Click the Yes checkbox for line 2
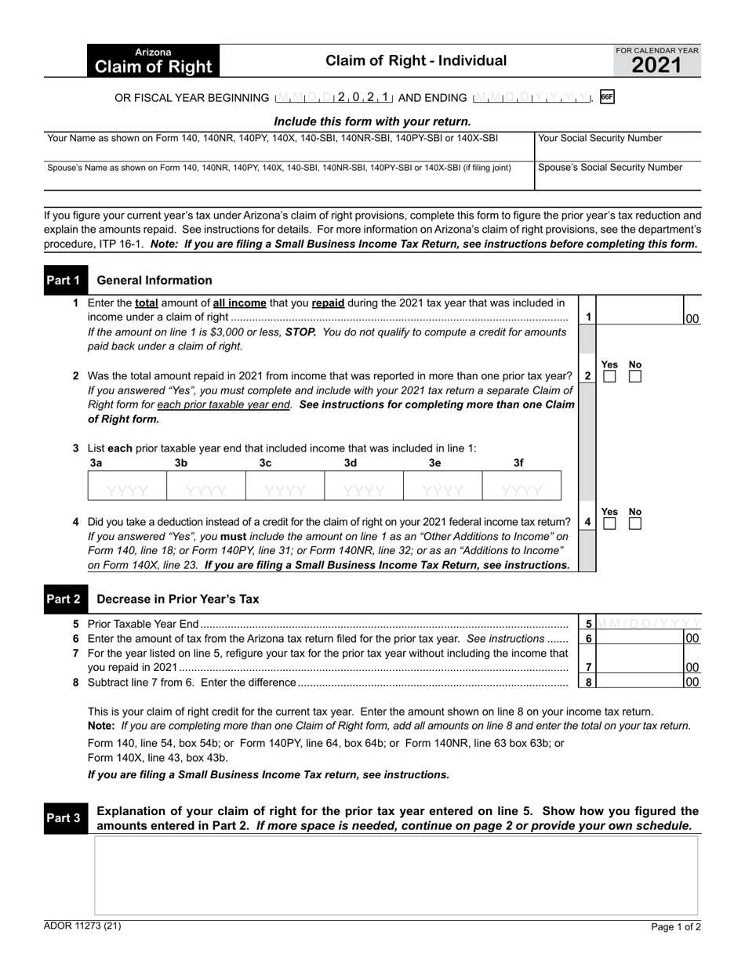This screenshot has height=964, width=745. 609,377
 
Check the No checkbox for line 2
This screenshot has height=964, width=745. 635,377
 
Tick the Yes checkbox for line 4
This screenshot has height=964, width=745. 609,523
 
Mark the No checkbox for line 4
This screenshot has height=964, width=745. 635,523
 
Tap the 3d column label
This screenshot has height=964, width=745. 351,463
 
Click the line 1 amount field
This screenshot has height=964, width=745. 639,317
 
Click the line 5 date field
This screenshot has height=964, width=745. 649,624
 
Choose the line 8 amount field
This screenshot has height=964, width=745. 639,682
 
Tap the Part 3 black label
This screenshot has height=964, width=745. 64,818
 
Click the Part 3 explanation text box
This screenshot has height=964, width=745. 396,875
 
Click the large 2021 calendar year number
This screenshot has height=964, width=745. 656,66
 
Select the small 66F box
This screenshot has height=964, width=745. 606,98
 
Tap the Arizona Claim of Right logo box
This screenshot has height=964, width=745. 153,61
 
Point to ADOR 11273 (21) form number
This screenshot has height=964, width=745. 82,926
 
